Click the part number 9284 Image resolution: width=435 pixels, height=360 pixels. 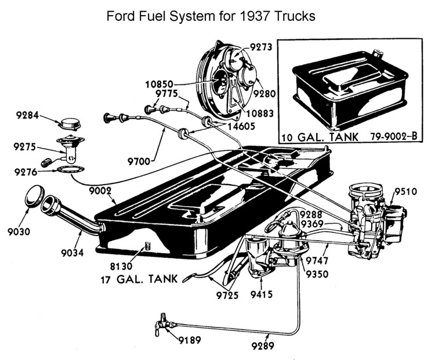coord(27,115)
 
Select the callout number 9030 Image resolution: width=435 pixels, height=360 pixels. coord(19,232)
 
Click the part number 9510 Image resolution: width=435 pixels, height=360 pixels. coord(405,192)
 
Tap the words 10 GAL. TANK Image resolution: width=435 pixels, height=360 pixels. coord(313,138)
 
